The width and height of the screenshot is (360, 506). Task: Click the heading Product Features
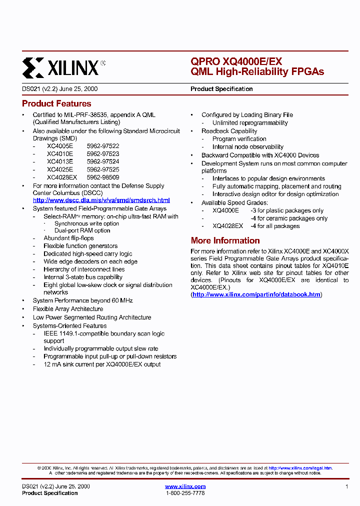(56, 103)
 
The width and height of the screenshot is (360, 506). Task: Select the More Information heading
(225, 240)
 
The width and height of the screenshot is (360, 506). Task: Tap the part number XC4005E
(60, 146)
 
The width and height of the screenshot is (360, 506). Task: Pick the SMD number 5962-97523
(103, 154)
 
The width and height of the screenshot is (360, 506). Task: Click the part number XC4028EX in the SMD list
(62, 177)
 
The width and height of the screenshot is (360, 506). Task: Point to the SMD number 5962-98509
(103, 177)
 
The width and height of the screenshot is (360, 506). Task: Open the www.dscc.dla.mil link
(101, 200)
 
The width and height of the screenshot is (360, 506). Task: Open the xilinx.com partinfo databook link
(256, 294)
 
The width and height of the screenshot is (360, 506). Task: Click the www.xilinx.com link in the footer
(185, 486)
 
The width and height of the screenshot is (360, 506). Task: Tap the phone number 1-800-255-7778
(185, 493)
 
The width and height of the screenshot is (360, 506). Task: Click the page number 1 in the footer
(346, 486)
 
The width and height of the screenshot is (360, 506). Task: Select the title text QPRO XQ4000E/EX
(236, 61)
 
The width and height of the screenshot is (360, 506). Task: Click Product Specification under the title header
(221, 89)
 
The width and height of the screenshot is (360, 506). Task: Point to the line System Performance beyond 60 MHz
(82, 300)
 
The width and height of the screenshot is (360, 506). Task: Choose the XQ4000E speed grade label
(225, 210)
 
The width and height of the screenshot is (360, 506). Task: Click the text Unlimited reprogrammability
(250, 122)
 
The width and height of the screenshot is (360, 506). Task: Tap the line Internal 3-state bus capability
(83, 277)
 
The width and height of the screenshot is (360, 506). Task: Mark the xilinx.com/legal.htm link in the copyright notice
(300, 468)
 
